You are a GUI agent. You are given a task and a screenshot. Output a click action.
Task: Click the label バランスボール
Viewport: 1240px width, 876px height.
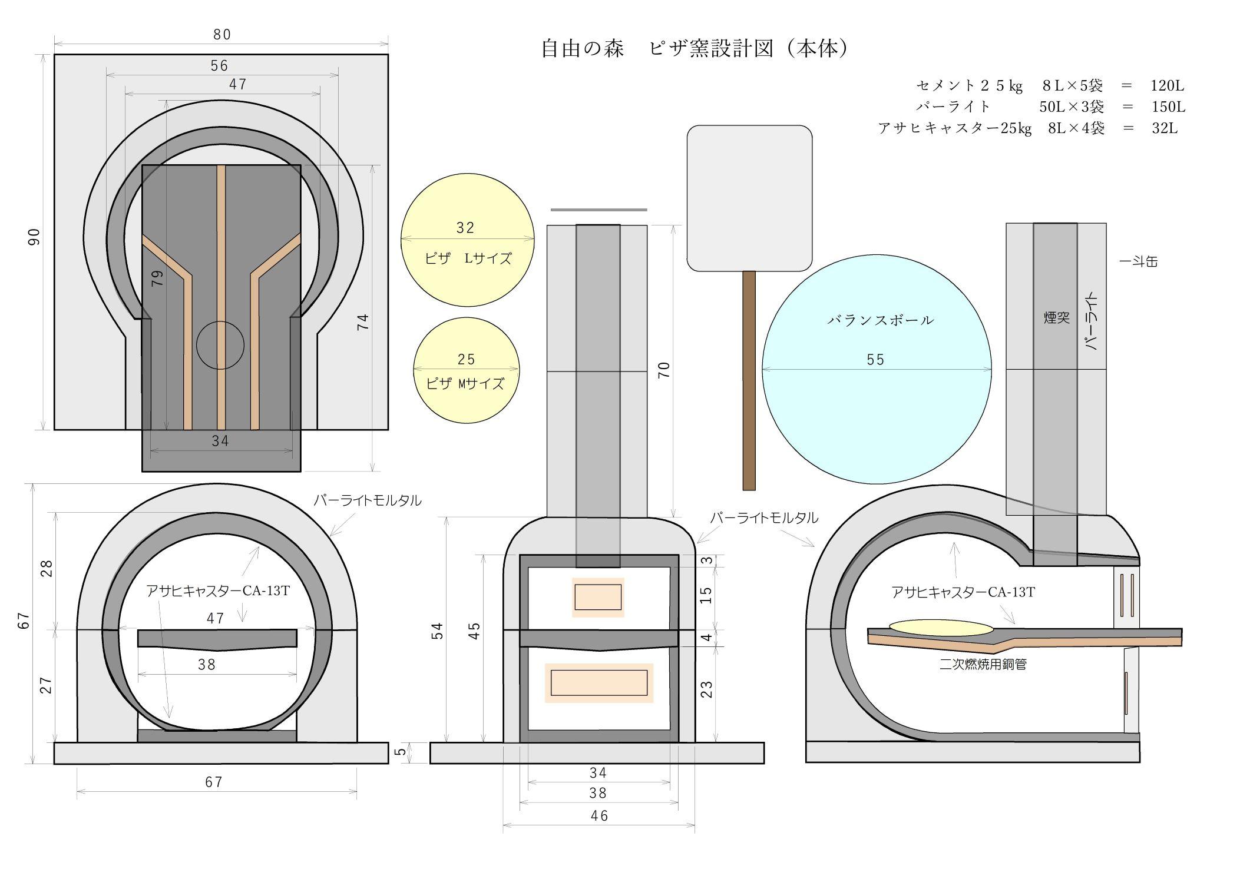point(880,320)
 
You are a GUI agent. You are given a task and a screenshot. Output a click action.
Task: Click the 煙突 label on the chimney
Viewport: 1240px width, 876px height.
point(1056,318)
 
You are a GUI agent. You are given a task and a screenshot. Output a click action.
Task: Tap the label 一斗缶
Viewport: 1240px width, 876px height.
point(1138,261)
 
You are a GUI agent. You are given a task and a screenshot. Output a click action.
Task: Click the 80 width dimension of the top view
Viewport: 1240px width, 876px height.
point(222,35)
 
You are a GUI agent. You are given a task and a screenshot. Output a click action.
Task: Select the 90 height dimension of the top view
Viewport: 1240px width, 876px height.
point(34,237)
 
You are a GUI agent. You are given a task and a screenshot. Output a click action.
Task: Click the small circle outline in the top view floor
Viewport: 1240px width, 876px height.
point(220,346)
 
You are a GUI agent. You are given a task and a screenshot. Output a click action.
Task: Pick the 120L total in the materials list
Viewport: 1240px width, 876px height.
point(1167,86)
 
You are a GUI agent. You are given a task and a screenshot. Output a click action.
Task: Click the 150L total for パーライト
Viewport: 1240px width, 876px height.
point(1168,107)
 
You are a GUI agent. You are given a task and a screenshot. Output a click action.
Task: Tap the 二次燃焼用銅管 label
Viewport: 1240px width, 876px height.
point(983,665)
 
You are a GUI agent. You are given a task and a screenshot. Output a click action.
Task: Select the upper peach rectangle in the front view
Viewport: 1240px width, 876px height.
point(598,597)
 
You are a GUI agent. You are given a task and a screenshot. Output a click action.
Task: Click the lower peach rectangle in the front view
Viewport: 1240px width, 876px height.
point(599,683)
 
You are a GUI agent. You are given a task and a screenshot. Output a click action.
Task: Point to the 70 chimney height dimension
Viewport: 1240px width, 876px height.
point(664,370)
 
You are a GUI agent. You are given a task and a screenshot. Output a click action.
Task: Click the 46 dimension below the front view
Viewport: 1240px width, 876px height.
point(599,816)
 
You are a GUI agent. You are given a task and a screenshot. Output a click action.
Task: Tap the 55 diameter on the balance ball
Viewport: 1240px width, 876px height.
point(875,360)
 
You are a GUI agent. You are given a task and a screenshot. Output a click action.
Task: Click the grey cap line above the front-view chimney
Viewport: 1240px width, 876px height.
point(598,210)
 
